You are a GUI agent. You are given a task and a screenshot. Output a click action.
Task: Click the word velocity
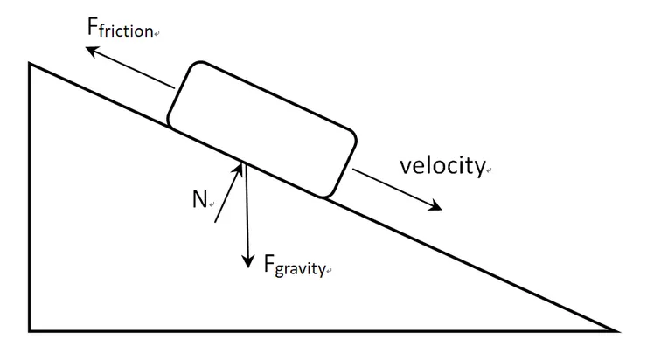[x=442, y=166]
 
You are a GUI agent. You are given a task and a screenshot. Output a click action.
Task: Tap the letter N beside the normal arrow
[x=199, y=199]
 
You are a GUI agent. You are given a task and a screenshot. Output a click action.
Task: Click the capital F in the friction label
[x=94, y=26]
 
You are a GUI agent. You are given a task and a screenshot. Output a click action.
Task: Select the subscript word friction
[x=128, y=31]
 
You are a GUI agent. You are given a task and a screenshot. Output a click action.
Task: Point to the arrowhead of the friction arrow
[x=89, y=50]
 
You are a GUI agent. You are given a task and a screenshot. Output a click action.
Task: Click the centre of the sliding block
[x=261, y=128]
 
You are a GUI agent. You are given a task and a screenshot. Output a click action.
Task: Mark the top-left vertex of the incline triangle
[x=30, y=63]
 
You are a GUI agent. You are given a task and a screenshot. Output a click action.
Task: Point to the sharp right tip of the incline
[x=616, y=330]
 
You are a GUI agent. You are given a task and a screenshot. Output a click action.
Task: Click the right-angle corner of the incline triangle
[x=30, y=330]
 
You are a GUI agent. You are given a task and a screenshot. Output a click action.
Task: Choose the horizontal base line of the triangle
[x=323, y=330]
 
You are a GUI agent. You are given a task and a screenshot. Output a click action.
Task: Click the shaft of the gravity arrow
[x=248, y=214]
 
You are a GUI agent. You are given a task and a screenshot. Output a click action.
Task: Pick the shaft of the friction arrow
[x=131, y=69]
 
